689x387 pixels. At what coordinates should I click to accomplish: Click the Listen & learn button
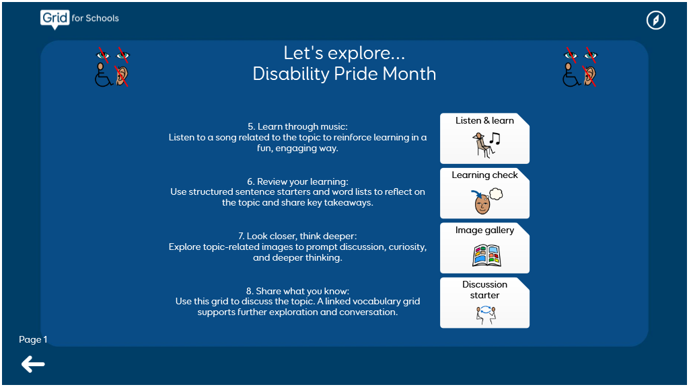coord(484,138)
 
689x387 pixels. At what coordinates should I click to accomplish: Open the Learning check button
coord(484,193)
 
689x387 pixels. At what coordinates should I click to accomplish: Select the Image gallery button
coord(484,248)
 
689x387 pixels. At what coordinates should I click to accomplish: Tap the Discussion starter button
coord(484,303)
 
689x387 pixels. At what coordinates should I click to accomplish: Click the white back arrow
coord(33,364)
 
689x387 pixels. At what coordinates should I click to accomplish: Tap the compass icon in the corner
coord(655,20)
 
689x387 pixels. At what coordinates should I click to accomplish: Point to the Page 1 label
coord(33,339)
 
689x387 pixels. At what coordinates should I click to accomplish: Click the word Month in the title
coord(409,74)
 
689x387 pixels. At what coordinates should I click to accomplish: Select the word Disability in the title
coord(291,74)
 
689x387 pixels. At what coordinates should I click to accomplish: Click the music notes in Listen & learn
coord(495,138)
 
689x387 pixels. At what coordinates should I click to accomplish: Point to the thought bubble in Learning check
coord(496,193)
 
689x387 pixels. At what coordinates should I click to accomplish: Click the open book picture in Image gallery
coord(486,256)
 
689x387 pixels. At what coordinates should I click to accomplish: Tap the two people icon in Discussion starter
coord(486,315)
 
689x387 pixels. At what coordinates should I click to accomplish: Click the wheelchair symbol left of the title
coord(104,75)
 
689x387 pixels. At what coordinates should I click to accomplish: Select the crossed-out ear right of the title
coord(589,75)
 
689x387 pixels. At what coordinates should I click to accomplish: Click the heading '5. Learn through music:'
coord(297,126)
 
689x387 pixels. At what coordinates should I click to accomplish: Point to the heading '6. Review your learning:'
coord(297,181)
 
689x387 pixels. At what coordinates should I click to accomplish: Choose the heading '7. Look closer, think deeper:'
coord(297,236)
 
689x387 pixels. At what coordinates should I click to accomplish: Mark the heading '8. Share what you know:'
coord(297,291)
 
